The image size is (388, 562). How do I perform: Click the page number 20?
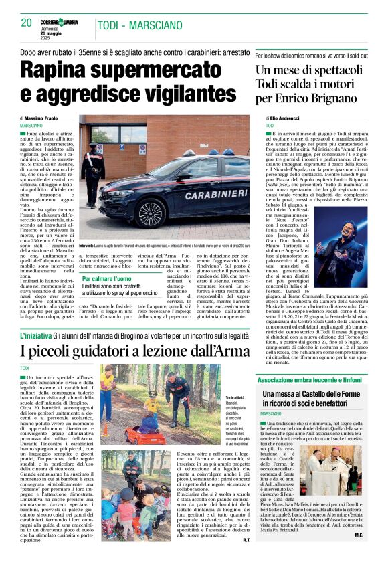[26, 23]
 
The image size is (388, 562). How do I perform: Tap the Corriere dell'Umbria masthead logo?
[68, 22]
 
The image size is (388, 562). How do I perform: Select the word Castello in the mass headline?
[318, 395]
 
